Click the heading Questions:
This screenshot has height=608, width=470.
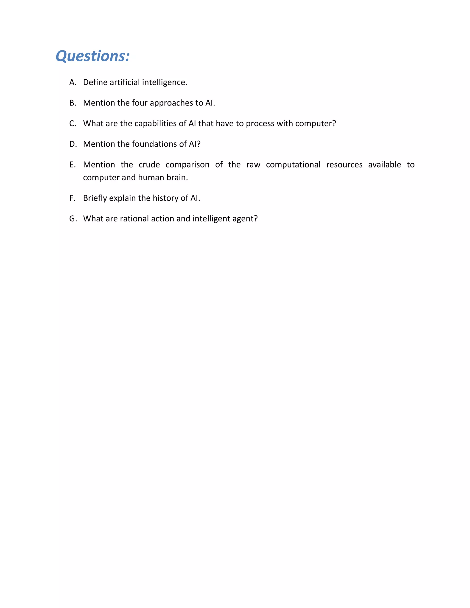pos(93,56)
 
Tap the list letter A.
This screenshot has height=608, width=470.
pos(72,82)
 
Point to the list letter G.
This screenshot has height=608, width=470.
pos(73,219)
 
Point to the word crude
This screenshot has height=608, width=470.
pos(149,165)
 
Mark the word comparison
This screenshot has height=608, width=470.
pos(187,165)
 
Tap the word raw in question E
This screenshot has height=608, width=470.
pos(253,165)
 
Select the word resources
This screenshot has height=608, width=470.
pos(344,165)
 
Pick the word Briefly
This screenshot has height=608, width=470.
pos(95,198)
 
